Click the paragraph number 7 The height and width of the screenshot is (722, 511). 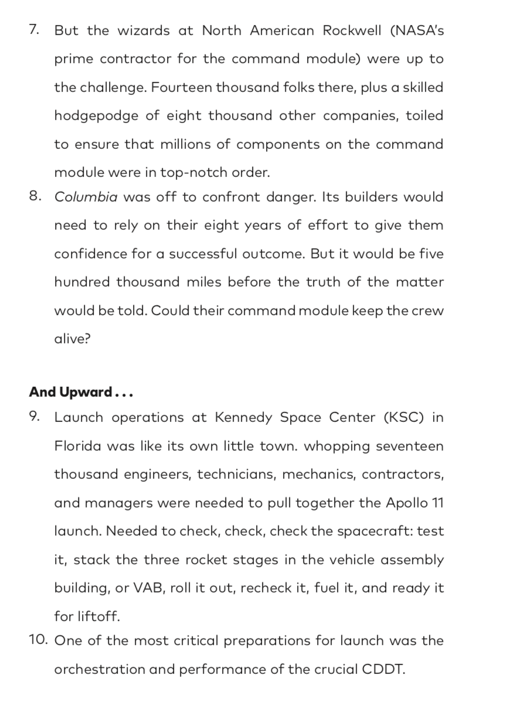pyautogui.click(x=34, y=30)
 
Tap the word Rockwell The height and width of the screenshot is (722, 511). pyautogui.click(x=350, y=31)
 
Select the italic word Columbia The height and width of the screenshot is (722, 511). pyautogui.click(x=86, y=197)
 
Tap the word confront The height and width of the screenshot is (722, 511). pyautogui.click(x=230, y=197)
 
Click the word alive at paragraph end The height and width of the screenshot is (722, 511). pyautogui.click(x=72, y=339)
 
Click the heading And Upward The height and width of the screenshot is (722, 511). pyautogui.click(x=81, y=392)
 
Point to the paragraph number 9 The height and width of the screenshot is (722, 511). pyautogui.click(x=35, y=417)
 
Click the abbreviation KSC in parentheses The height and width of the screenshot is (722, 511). pyautogui.click(x=403, y=418)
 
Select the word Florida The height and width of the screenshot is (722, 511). pyautogui.click(x=78, y=446)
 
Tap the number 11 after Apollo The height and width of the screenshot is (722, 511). pyautogui.click(x=436, y=503)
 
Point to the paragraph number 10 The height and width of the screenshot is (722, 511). pyautogui.click(x=38, y=640)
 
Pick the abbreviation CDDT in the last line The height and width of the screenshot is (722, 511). pyautogui.click(x=383, y=669)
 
